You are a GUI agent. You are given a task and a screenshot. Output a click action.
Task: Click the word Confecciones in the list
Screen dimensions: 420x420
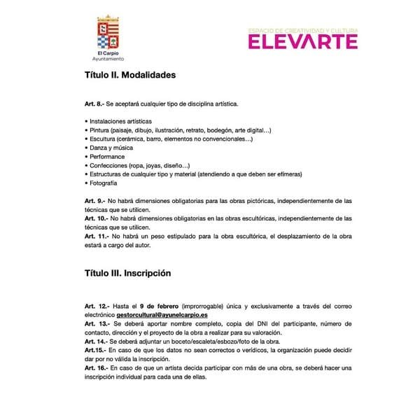click(x=107, y=165)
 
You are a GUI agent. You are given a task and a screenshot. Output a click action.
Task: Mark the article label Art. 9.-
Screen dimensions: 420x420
click(x=94, y=201)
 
